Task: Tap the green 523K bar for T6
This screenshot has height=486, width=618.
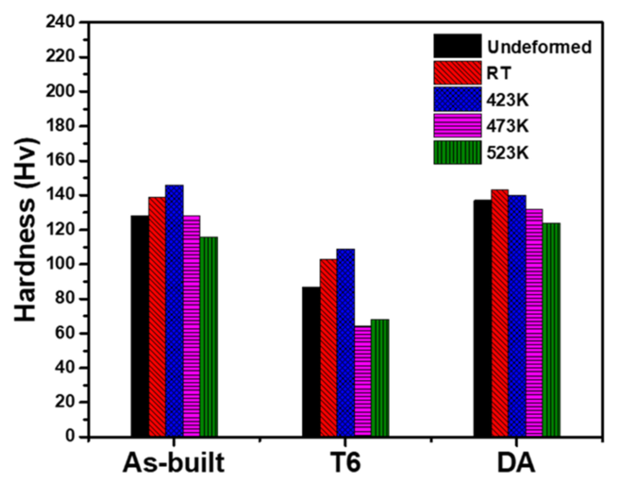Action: [379, 378]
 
